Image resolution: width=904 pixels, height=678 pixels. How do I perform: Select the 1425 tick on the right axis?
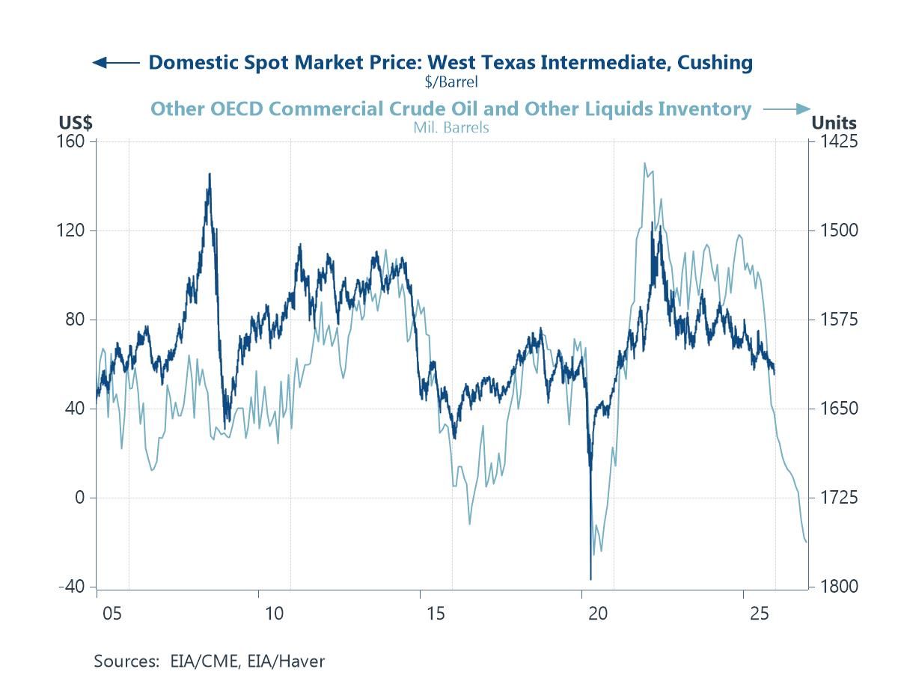coord(834,141)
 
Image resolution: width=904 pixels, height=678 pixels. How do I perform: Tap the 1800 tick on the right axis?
coord(834,587)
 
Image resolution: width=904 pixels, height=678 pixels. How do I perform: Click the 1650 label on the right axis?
coord(834,409)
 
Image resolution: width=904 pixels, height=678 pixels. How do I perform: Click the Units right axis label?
coord(834,123)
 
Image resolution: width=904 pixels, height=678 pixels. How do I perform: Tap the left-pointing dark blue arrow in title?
coord(114,62)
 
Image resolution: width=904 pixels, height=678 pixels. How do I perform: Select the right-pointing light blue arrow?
coord(787,109)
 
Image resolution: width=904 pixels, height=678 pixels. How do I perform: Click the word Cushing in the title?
coord(715,62)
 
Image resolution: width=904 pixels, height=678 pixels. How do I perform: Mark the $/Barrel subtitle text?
coord(451,81)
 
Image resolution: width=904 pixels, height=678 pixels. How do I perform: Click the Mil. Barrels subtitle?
coord(451,127)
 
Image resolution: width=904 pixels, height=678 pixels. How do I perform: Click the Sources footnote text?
coord(209,661)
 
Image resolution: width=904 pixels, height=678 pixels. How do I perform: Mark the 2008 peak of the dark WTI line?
coord(210,174)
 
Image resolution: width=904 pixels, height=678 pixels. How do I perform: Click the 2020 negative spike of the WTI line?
coord(590,578)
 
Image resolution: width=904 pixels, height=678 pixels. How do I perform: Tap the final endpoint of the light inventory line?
coord(807,543)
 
